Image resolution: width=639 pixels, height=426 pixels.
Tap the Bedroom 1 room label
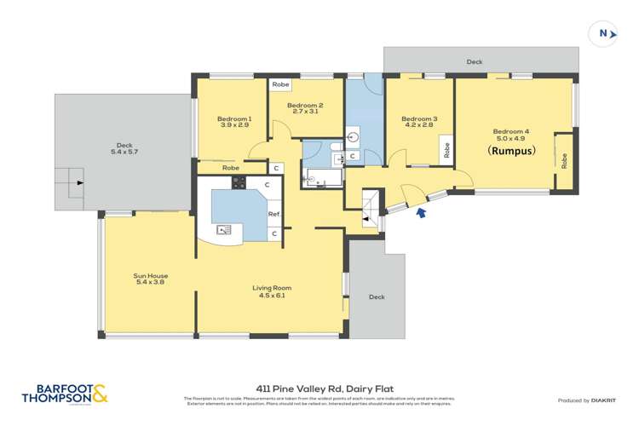(233, 122)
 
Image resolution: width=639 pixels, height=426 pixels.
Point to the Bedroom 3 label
(418, 122)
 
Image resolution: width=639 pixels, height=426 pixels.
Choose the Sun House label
(150, 279)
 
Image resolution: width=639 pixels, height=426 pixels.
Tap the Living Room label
(273, 291)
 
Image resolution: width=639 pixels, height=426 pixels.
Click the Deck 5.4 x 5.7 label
(124, 148)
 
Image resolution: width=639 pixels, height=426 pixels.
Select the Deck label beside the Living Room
(377, 297)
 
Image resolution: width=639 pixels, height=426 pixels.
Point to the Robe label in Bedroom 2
(279, 85)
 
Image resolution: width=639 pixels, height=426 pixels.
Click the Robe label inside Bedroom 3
(446, 150)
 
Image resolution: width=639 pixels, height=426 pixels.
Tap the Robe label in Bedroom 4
(564, 158)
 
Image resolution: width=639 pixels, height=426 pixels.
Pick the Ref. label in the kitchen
(274, 214)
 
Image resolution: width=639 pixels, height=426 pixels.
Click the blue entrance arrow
(420, 214)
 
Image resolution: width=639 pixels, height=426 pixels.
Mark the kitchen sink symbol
(224, 229)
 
